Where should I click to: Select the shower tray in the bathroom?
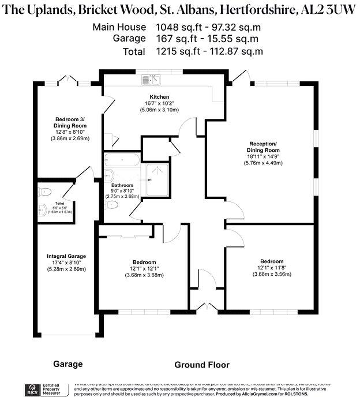tap(156, 174)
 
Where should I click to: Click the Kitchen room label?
tap(159, 96)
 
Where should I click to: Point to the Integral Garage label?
tap(66, 256)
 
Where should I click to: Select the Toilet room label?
tap(59, 204)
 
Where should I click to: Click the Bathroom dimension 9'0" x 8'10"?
tap(122, 190)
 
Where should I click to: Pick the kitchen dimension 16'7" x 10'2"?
tap(159, 103)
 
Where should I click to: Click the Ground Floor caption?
tap(202, 365)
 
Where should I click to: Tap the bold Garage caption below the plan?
tap(68, 365)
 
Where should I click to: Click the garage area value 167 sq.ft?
tap(175, 39)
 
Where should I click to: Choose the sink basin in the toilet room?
tap(42, 209)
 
